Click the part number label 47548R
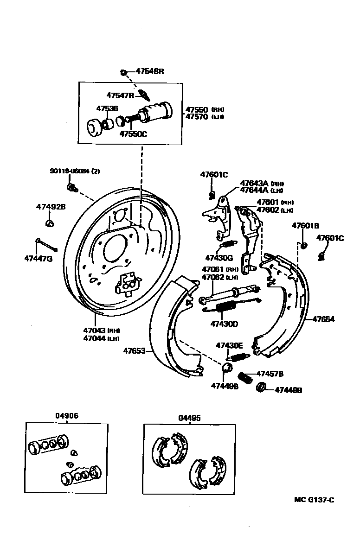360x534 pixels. [150, 71]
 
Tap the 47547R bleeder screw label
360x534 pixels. [120, 95]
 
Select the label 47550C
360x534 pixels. [134, 134]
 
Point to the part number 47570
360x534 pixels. [197, 117]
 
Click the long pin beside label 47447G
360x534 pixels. [45, 243]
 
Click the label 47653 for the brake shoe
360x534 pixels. [134, 351]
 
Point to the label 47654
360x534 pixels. [323, 319]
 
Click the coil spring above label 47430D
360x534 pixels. [226, 306]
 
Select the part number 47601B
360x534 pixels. [305, 226]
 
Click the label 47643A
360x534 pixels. [254, 183]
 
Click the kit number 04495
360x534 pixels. [189, 418]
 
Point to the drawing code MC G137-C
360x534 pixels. [314, 500]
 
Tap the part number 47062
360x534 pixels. [213, 277]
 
